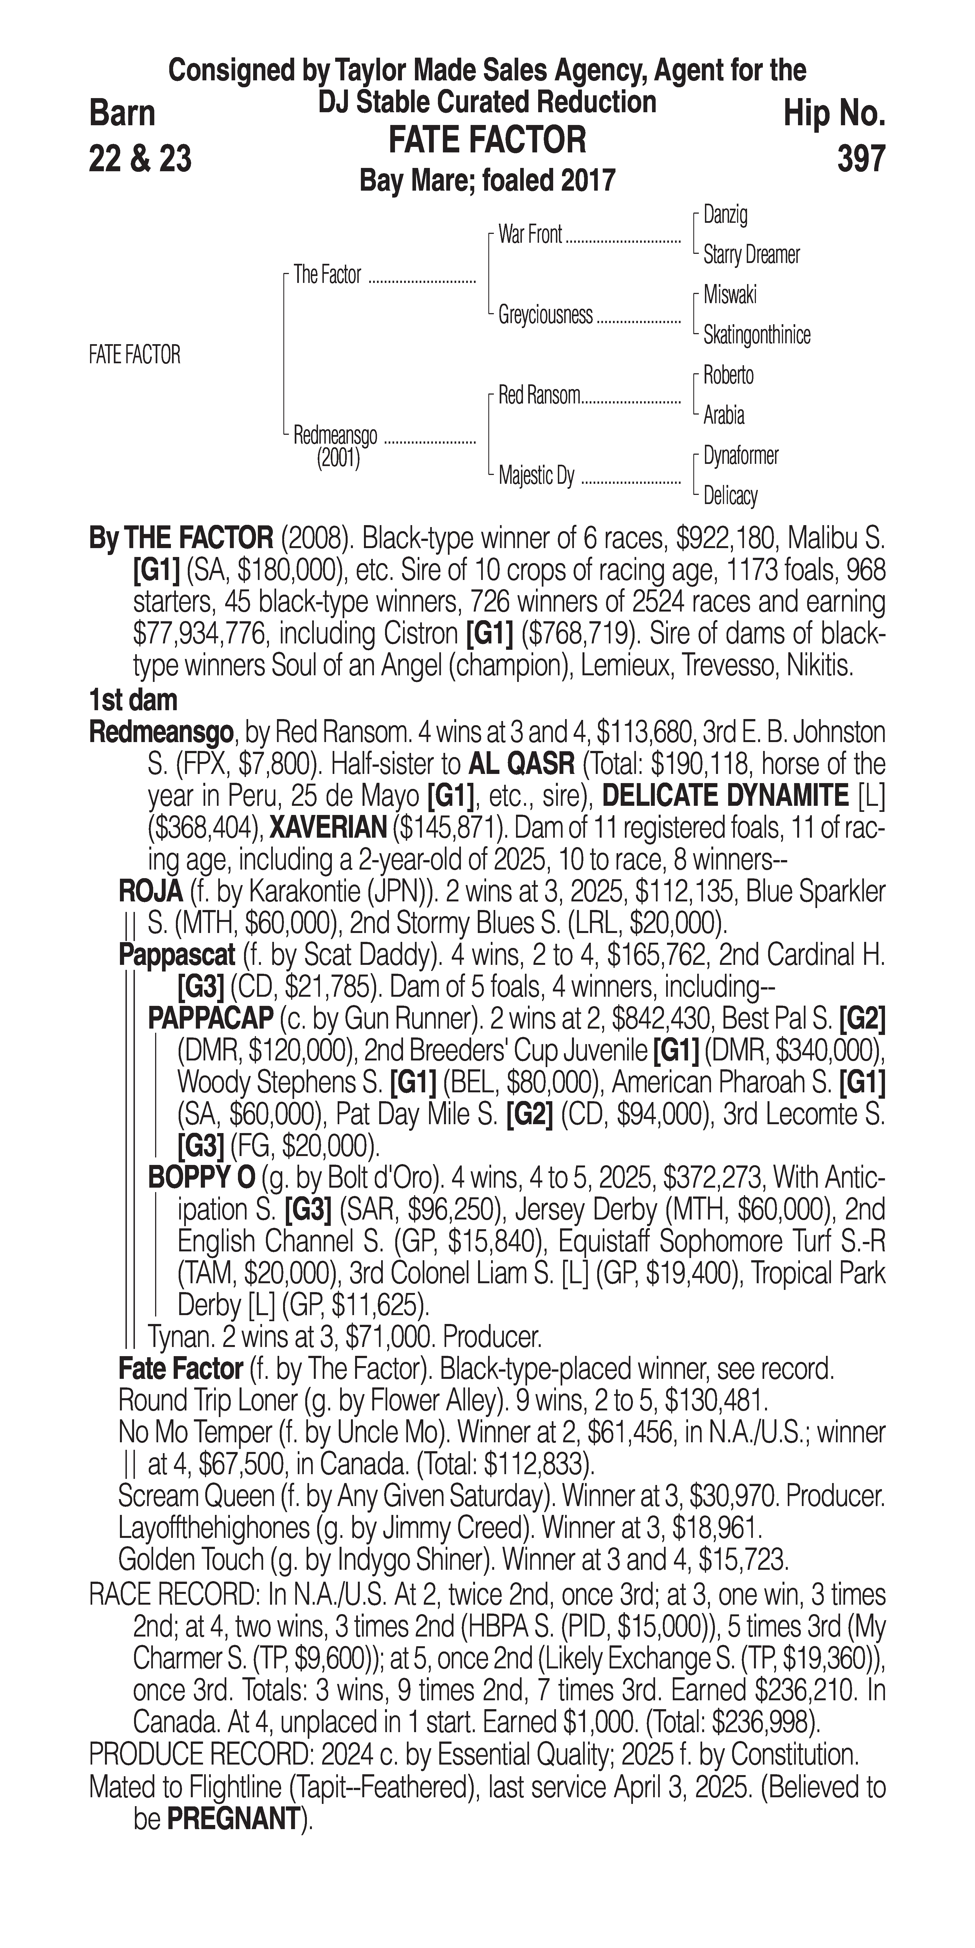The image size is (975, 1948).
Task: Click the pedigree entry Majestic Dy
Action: [536, 476]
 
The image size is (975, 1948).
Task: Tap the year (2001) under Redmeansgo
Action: [338, 459]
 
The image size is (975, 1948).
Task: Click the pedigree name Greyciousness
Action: [545, 315]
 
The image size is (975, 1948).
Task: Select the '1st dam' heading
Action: [133, 700]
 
